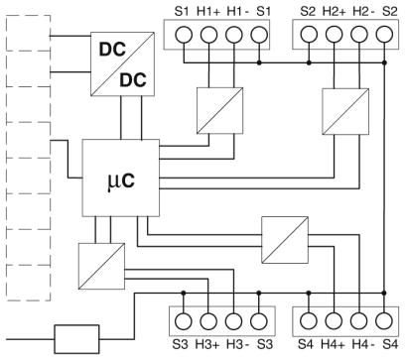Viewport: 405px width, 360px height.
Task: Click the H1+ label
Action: tap(208, 12)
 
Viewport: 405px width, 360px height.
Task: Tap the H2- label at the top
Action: tap(363, 12)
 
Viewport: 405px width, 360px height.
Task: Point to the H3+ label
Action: tap(207, 344)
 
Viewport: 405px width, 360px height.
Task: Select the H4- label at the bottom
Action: tap(363, 344)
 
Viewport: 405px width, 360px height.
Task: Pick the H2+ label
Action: tap(334, 12)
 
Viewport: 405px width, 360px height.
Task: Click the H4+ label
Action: tap(333, 344)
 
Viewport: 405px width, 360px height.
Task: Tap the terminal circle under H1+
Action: tap(208, 35)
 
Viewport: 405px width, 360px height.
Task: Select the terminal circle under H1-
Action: tap(234, 35)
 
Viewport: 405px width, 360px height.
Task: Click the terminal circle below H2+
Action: tap(334, 34)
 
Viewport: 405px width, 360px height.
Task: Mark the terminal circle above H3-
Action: tap(233, 320)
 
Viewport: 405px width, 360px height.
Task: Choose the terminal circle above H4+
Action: tap(334, 320)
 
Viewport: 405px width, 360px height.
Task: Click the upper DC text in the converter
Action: tap(112, 50)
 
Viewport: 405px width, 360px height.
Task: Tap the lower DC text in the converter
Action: tap(133, 80)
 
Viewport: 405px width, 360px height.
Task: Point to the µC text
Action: tap(121, 180)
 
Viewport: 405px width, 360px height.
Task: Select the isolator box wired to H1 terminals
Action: tap(220, 111)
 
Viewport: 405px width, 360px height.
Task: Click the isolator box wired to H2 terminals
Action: tap(345, 111)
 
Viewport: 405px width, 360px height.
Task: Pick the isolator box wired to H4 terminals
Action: tap(285, 240)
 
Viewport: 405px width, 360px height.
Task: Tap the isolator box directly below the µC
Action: tap(101, 266)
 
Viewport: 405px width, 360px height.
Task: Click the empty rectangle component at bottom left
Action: tap(76, 339)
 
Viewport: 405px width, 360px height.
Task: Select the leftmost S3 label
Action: tap(180, 344)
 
